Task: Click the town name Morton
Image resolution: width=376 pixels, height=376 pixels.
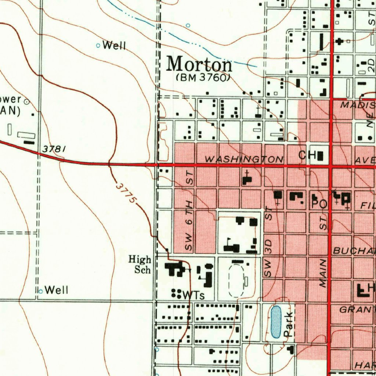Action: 199,65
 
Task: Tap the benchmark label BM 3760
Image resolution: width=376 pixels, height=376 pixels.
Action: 203,78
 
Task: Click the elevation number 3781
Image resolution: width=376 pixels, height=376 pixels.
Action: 54,149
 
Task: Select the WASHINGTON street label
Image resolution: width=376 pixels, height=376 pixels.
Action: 244,159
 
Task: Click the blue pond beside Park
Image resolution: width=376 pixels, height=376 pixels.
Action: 275,322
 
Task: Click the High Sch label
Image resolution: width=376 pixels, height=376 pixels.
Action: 140,265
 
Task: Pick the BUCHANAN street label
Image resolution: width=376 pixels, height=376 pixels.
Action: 354,251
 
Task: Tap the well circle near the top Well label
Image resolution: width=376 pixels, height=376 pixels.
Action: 98,46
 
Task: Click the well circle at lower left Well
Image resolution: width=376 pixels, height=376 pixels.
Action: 41,291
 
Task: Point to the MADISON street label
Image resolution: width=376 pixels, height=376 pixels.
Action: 358,105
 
